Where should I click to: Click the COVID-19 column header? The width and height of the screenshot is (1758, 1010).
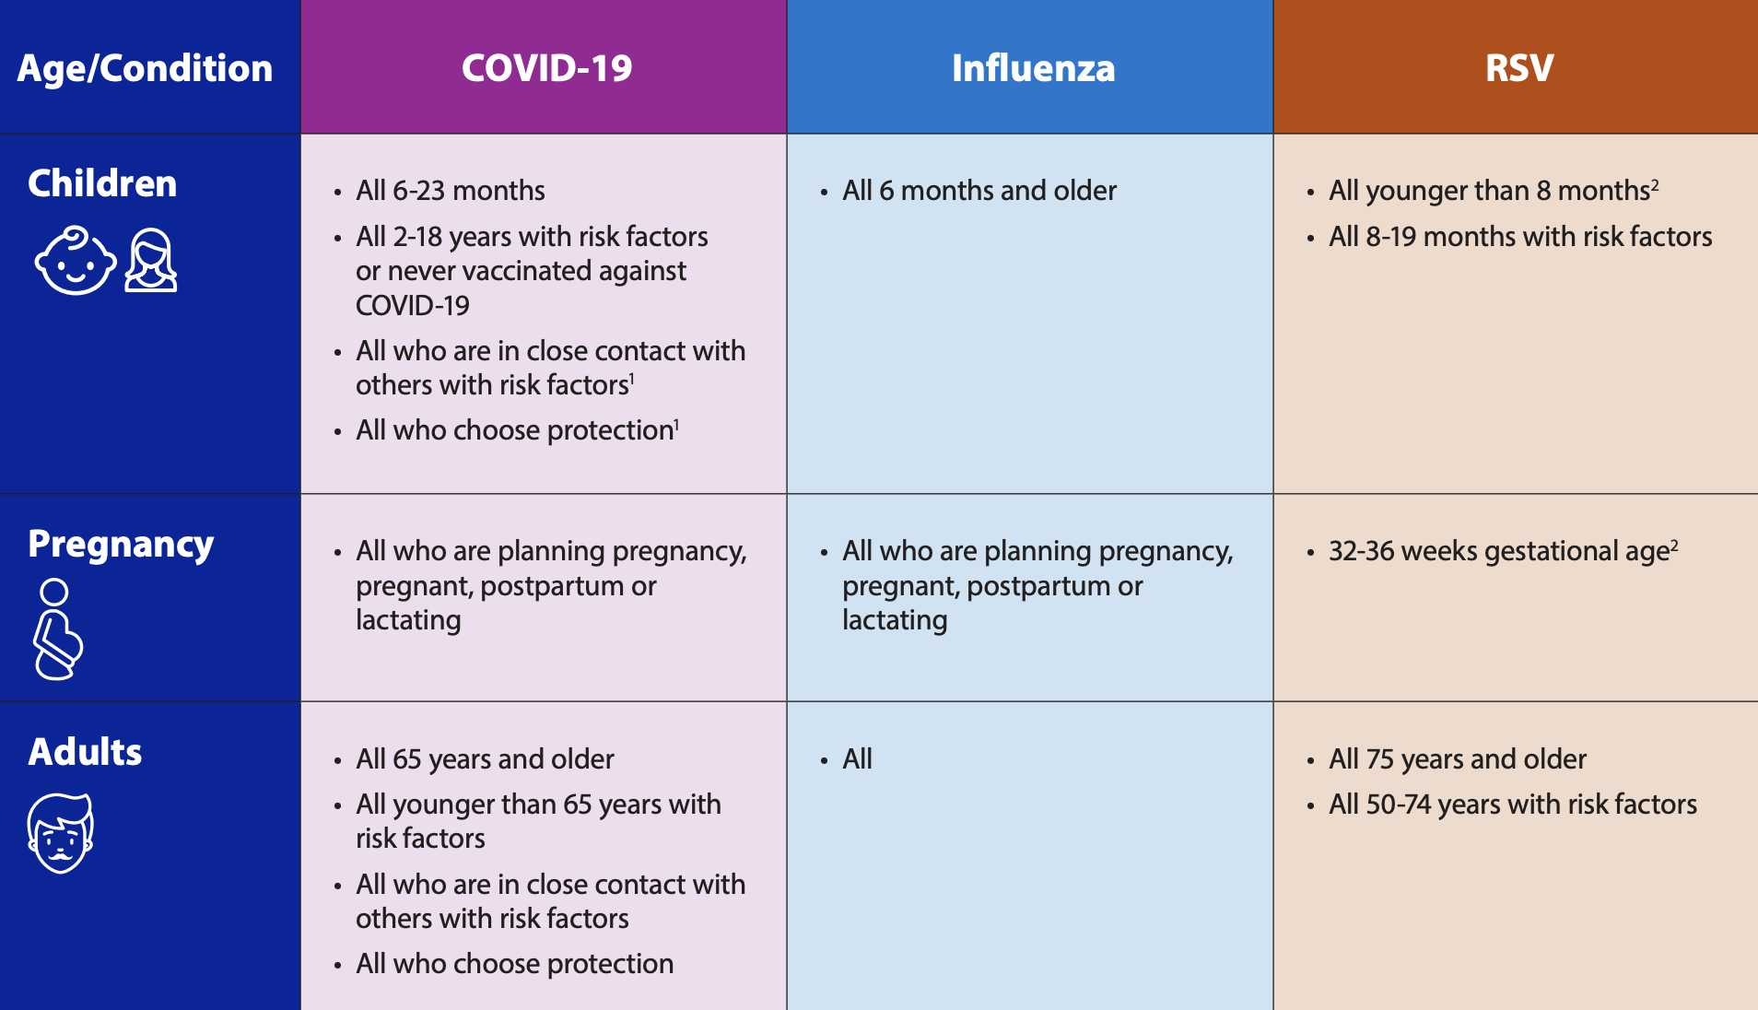tap(546, 68)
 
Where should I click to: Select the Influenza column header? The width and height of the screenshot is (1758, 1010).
tap(1033, 68)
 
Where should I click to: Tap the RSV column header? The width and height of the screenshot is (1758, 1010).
tap(1519, 68)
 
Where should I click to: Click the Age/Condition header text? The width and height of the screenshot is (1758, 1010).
tap(145, 69)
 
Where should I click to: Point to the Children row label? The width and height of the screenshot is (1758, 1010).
tap(102, 183)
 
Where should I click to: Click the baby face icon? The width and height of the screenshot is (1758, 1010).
tap(76, 261)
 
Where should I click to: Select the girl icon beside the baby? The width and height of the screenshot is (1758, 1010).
tap(151, 261)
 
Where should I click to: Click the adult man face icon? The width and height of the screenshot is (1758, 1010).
tap(61, 833)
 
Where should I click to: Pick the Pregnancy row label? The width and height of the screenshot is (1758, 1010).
tap(121, 545)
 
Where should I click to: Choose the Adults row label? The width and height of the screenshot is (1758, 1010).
tap(85, 752)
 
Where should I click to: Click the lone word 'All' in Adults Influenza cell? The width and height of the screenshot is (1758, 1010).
tap(857, 759)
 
